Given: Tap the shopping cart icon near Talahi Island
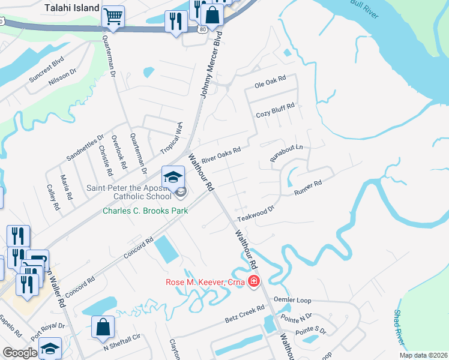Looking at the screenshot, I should point(112,16).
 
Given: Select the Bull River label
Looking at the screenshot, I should point(365,9).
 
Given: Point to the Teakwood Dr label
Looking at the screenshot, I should point(255,211).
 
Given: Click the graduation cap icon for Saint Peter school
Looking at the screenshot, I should point(173,177).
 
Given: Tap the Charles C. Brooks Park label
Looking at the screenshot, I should point(145,211).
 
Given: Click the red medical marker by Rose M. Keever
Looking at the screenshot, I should point(254,281).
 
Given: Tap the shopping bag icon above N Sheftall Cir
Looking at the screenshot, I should point(103,327).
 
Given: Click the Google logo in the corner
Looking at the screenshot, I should point(20,352).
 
